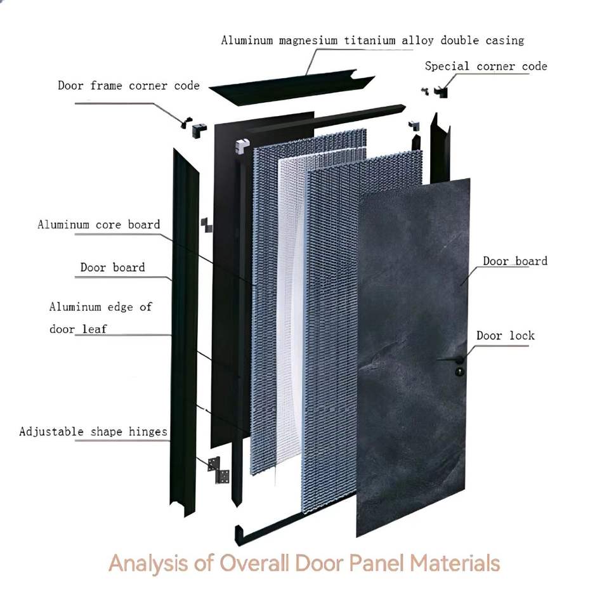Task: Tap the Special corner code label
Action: (x=485, y=66)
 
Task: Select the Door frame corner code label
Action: (x=128, y=86)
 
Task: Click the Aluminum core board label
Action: (x=98, y=225)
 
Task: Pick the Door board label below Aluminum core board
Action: (x=112, y=268)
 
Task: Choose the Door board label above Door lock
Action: (x=514, y=261)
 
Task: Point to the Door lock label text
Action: (x=505, y=336)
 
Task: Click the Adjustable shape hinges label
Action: (x=93, y=432)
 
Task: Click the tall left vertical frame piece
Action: (x=185, y=330)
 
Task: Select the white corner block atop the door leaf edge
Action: (x=242, y=147)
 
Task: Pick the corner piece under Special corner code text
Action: (x=442, y=91)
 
